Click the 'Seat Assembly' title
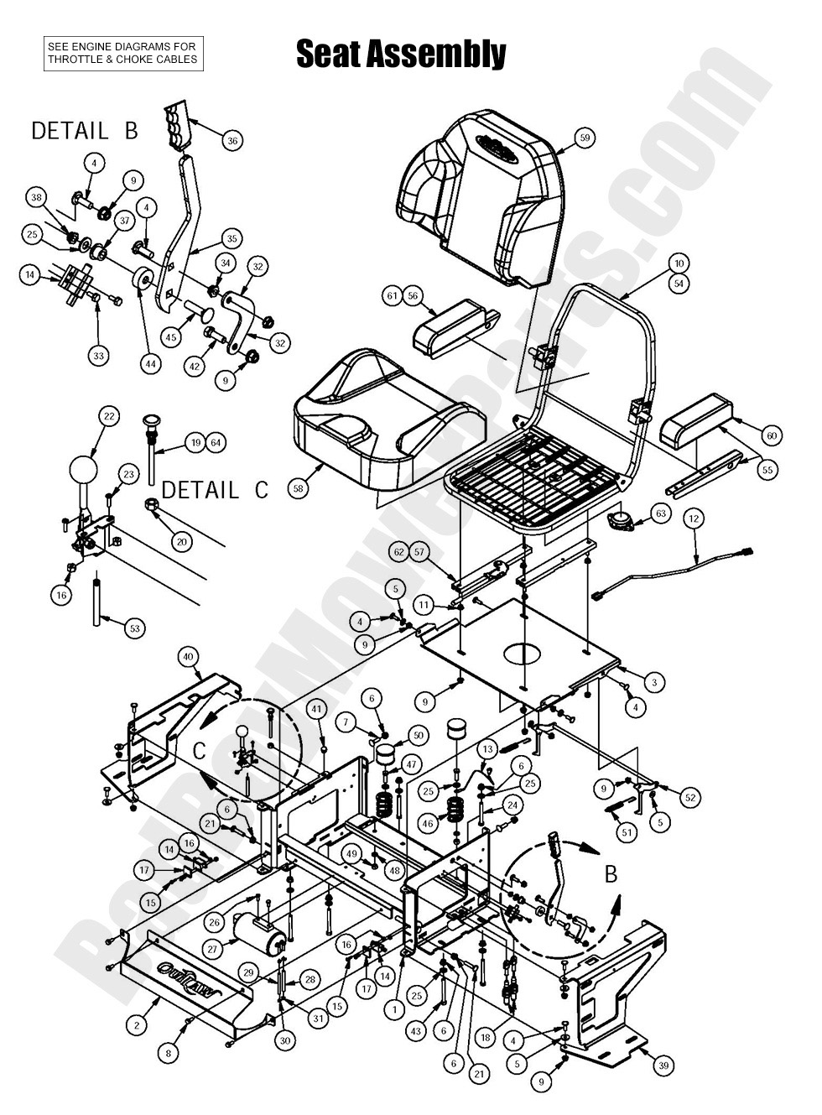pos(401,55)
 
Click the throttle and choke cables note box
pos(122,53)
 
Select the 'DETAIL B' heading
pos(84,131)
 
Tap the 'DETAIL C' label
pos(215,490)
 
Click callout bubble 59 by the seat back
pos(585,137)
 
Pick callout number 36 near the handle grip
pos(232,140)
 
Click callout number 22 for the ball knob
pos(108,416)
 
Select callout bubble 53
pos(133,627)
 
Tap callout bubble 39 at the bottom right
pos(663,1066)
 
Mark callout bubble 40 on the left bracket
pos(188,657)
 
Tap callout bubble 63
pos(661,513)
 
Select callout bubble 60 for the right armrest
pos(772,435)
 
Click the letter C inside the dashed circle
pos(199,751)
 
